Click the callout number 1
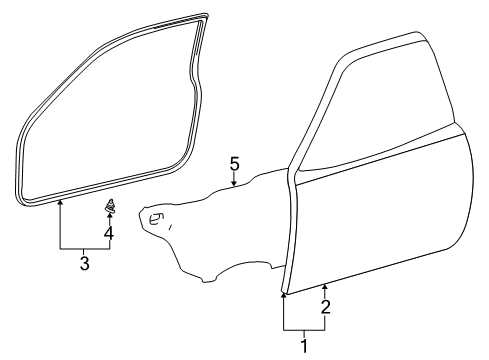click(305, 347)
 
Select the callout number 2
click(325, 306)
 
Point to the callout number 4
click(109, 235)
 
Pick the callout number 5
click(234, 163)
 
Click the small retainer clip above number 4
click(109, 208)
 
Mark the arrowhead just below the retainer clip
click(109, 218)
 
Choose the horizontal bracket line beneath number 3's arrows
click(84, 247)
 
